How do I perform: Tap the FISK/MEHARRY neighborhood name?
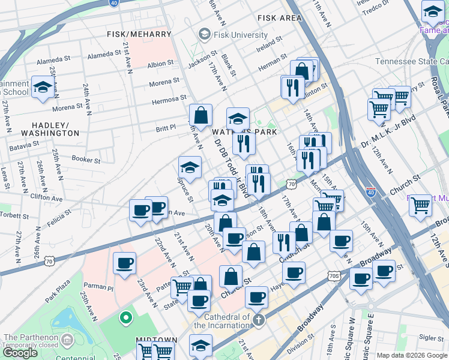139,34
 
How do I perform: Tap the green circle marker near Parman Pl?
125,316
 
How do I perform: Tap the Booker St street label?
86,159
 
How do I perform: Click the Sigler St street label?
432,338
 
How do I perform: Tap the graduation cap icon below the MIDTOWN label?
200,346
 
